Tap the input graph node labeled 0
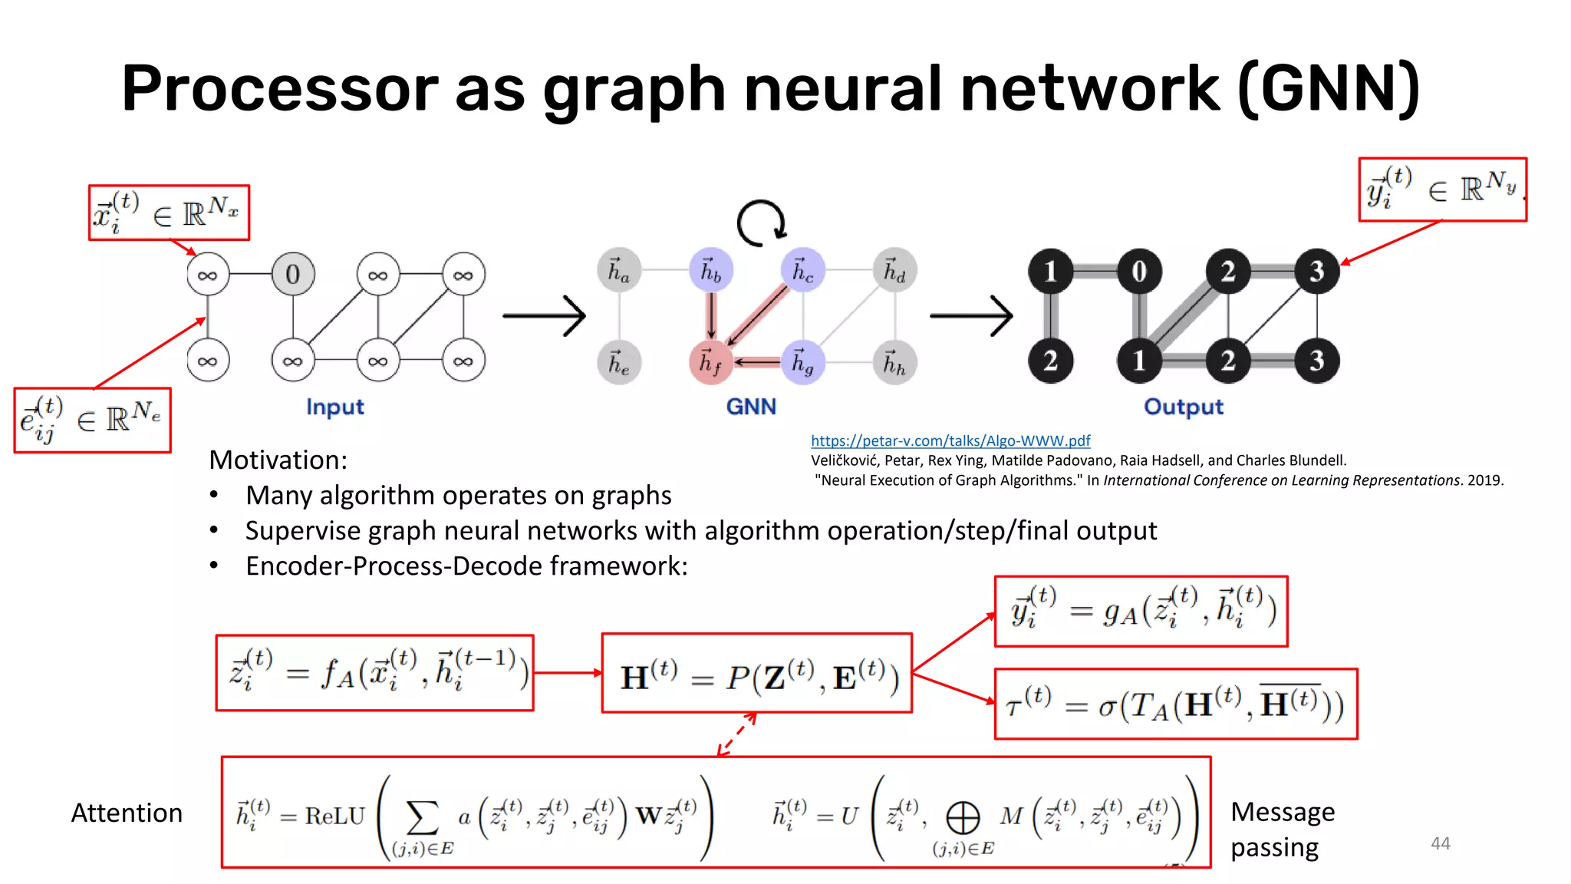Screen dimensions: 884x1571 tap(293, 274)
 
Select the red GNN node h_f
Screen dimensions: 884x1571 tap(710, 361)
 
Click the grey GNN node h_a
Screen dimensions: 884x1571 tap(619, 270)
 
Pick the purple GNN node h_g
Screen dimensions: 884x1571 tap(802, 361)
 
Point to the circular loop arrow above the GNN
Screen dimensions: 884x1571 tap(761, 223)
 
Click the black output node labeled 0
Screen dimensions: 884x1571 tap(1139, 271)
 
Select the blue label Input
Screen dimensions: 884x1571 tap(334, 407)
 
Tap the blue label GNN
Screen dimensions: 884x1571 tap(751, 407)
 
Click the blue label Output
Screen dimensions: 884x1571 tap(1183, 407)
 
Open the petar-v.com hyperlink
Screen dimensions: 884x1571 tap(950, 440)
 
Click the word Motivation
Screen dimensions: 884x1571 tap(278, 460)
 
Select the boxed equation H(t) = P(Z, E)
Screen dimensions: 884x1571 tap(757, 674)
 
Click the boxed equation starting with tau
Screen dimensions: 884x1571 tap(1175, 704)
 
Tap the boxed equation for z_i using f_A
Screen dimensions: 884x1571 tap(375, 672)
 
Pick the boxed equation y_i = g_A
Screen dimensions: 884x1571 tap(1141, 611)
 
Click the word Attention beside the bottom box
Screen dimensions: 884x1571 tap(127, 813)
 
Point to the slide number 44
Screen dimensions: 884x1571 tap(1440, 843)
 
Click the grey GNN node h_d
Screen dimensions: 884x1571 tap(894, 270)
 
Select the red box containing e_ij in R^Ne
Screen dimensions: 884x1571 tap(92, 421)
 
